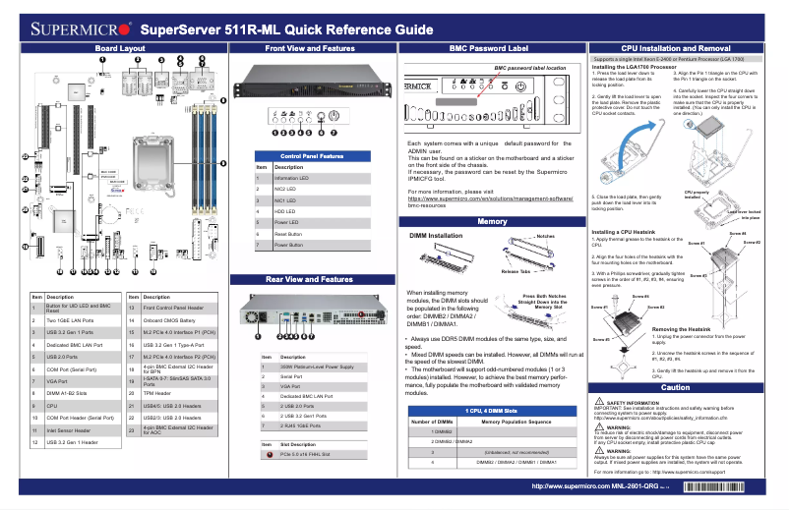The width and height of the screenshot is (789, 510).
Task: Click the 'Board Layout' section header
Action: tap(120, 47)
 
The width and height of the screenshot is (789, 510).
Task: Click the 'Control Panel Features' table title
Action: tap(312, 156)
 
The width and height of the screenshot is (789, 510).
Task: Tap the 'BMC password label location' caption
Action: tap(530, 68)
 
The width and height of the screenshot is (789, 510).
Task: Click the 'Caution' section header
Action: tap(675, 387)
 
